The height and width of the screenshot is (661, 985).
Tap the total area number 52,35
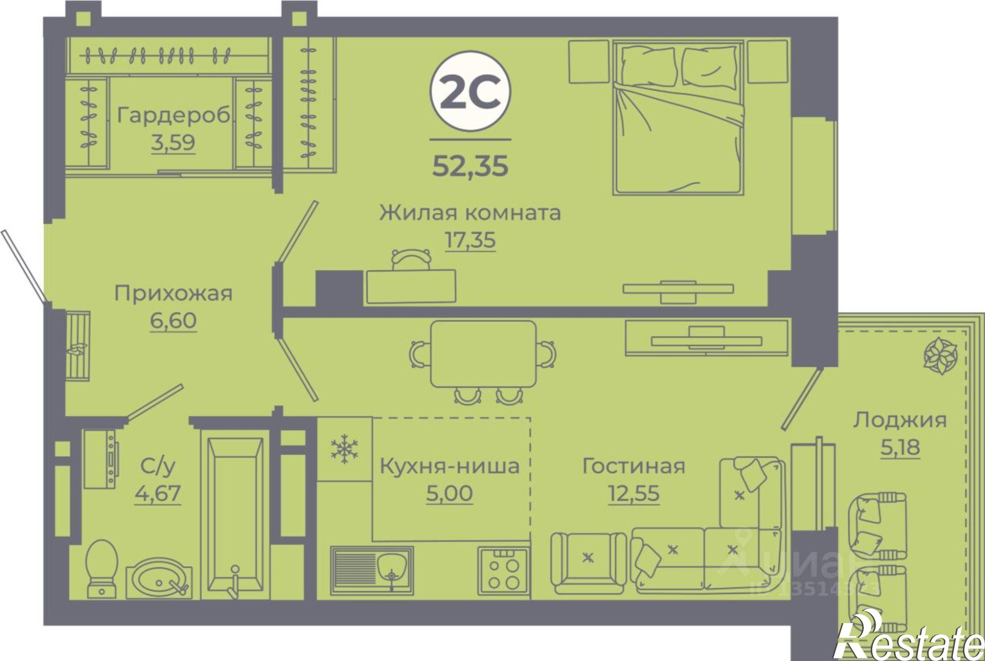coord(470,166)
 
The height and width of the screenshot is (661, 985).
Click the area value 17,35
coord(470,240)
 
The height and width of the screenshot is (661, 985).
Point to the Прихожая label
coord(173,294)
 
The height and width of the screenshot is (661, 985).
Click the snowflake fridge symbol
coord(344,448)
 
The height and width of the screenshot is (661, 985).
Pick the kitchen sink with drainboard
coord(372,569)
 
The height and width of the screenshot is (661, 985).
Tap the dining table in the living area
coord(483,354)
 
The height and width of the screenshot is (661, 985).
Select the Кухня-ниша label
coord(449,466)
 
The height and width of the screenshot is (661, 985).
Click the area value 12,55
coord(633,493)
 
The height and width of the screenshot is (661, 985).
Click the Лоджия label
coord(900,420)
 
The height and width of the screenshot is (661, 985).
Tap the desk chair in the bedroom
coord(411,259)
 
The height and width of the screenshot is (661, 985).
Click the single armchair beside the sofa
coord(588,563)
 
